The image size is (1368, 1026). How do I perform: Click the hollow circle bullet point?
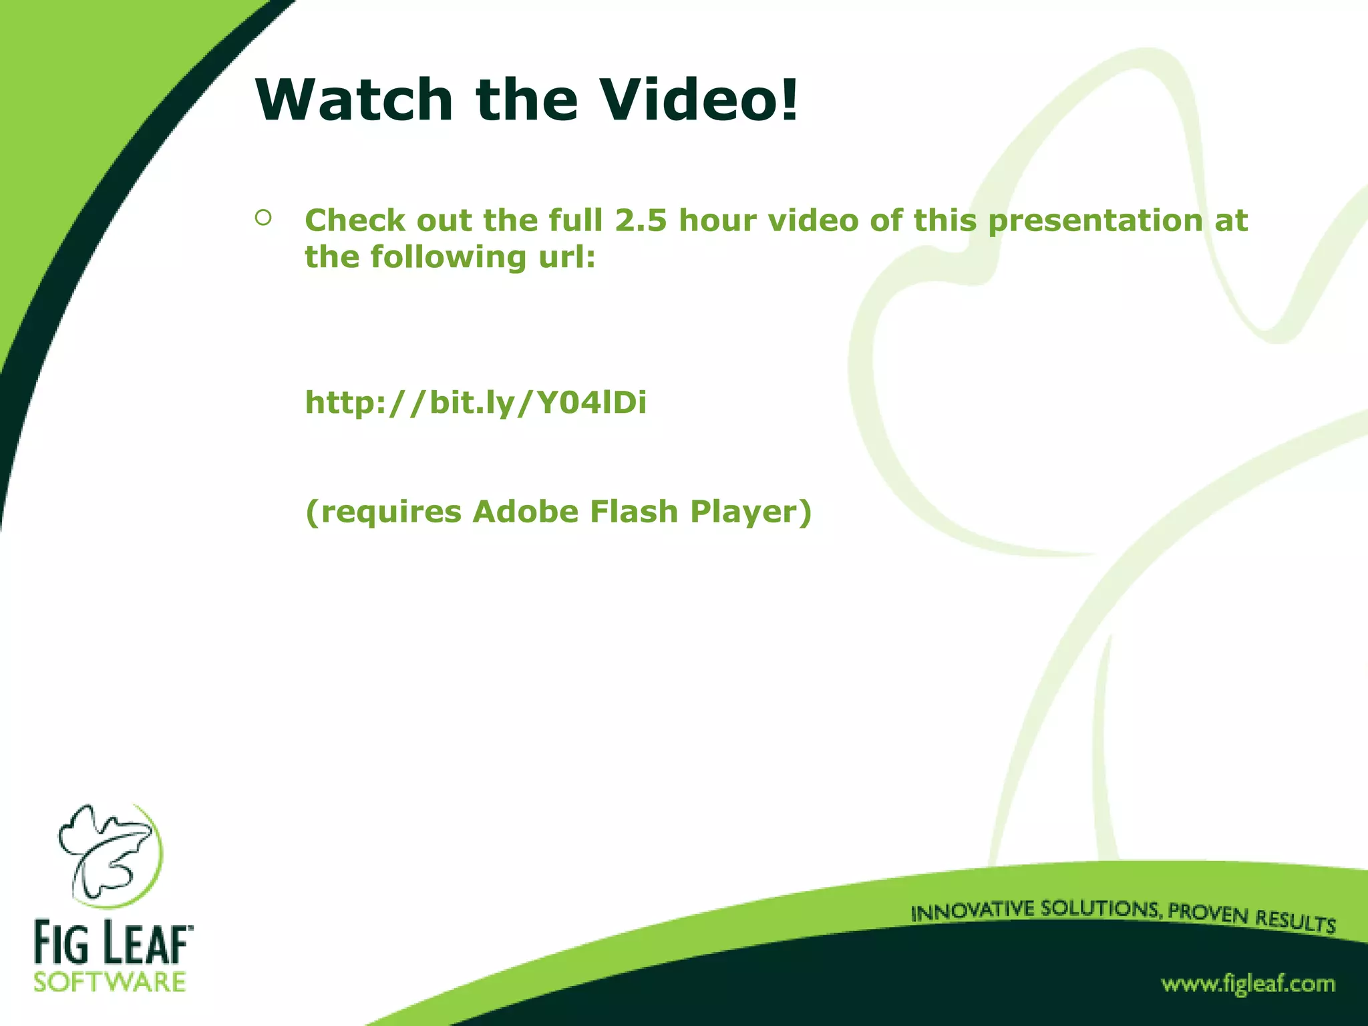click(263, 218)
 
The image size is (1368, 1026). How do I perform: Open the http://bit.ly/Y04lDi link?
click(476, 403)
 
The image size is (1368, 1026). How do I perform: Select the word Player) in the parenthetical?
click(751, 513)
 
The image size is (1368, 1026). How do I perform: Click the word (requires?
click(383, 513)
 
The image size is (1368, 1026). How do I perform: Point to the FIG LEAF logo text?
click(112, 943)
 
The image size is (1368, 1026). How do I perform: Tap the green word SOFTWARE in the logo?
click(110, 983)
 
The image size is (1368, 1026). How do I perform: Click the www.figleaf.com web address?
click(1248, 985)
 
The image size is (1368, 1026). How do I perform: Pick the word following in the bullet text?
click(449, 257)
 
